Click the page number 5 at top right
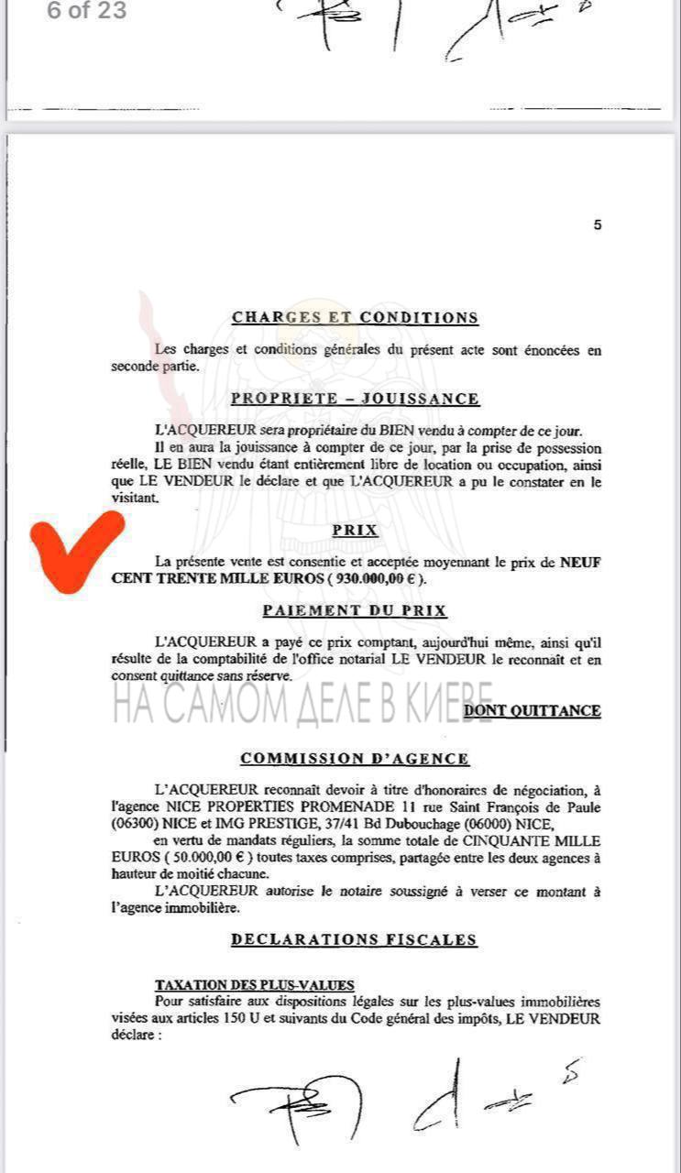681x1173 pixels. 598,225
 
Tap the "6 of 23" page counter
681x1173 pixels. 87,12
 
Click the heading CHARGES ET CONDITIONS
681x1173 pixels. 355,318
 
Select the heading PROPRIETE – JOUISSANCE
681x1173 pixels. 355,399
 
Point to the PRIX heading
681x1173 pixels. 355,531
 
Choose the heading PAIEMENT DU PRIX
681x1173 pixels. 355,611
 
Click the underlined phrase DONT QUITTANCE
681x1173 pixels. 533,710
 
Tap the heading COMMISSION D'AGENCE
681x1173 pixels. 355,759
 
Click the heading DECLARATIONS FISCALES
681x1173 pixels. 355,939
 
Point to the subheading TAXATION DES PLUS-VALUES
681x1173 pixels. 254,985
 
